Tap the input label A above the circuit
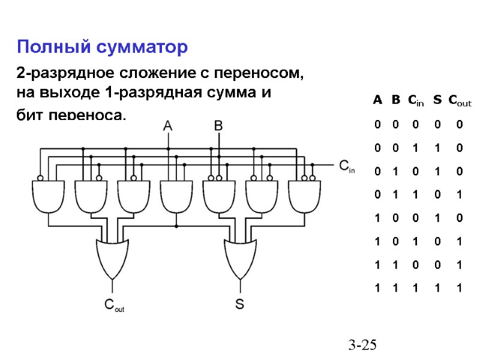click(168, 126)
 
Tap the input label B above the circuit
click(218, 126)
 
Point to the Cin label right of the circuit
click(347, 166)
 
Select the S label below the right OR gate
click(239, 304)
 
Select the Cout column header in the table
click(460, 100)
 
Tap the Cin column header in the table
click(415, 100)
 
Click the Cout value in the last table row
click(459, 288)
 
